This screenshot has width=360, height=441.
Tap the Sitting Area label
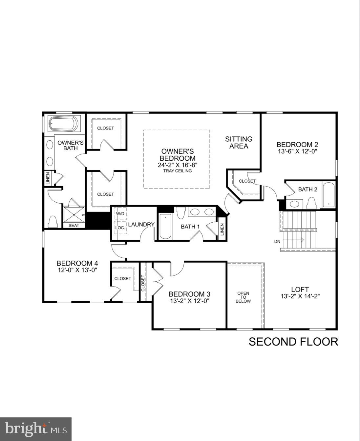tap(239, 143)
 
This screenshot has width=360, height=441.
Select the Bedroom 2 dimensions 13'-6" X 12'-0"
tap(297, 151)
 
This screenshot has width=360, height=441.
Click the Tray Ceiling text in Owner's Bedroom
tap(177, 171)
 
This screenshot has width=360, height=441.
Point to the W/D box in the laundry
tap(120, 214)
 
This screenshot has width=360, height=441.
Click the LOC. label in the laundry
tap(120, 227)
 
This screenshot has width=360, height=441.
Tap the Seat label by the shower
tap(74, 225)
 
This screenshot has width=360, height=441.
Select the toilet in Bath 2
tap(311, 203)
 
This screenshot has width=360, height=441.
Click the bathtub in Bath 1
tap(165, 226)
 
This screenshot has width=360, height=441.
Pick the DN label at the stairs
tap(277, 241)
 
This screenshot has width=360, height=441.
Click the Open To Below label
tap(243, 297)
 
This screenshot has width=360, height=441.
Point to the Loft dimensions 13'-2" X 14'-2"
tap(300, 296)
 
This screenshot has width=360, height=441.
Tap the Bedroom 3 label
tap(189, 294)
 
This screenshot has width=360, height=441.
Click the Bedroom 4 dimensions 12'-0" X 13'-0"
tap(77, 270)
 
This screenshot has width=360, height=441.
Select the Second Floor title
tap(293, 342)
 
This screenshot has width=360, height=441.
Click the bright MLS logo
tap(36, 429)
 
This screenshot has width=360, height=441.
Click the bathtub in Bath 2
tap(328, 195)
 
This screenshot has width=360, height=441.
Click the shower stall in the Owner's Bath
tap(74, 214)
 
